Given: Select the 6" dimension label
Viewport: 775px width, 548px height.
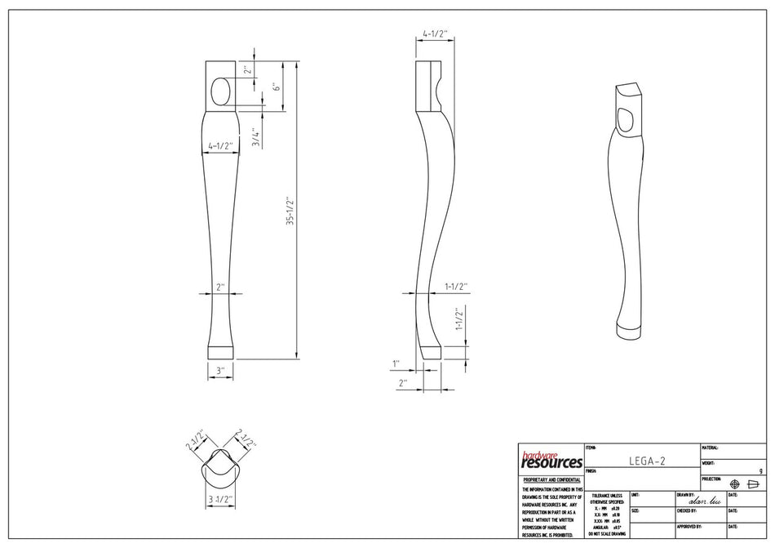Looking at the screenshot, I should coord(277,87).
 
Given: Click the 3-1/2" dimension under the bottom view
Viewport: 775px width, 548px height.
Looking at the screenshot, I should coord(220,498).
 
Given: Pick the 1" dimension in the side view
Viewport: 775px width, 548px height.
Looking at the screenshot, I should coord(396,363).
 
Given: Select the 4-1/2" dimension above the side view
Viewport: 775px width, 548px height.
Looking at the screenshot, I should coord(435,35).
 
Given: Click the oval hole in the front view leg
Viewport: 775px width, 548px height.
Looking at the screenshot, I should coord(220,92).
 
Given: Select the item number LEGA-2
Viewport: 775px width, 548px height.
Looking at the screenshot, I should coord(647,461).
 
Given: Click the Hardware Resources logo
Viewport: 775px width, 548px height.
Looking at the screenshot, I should coord(551,460).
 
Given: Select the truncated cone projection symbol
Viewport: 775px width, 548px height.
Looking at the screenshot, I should coord(753,483).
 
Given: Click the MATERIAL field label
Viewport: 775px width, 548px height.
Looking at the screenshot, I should coord(710,448).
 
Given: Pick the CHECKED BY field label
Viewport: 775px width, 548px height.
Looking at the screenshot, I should coord(687,511).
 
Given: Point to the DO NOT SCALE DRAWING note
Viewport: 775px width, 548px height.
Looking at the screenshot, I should coord(606,533).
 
